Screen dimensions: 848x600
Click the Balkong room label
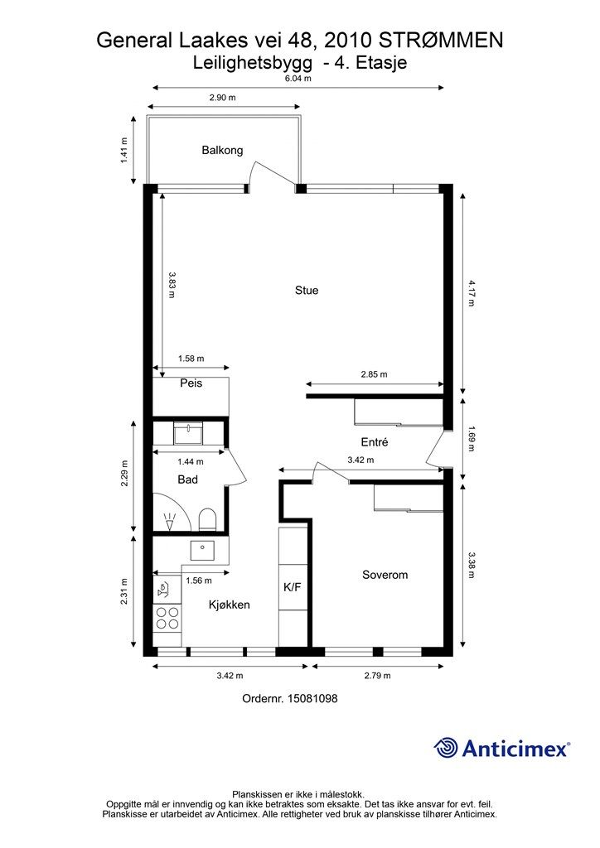(222, 150)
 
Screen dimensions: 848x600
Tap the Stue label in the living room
(307, 291)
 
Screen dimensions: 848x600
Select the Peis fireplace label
(191, 383)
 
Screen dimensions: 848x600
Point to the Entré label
(375, 443)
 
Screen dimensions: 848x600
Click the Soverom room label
(385, 575)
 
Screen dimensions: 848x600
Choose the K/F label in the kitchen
(293, 587)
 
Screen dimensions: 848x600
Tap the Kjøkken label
(229, 605)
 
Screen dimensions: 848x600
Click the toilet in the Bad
(207, 519)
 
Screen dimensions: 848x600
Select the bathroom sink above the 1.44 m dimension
(190, 432)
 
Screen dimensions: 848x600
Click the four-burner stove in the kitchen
(168, 619)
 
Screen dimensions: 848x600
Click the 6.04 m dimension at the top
(298, 79)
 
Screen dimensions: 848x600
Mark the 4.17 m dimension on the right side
(471, 293)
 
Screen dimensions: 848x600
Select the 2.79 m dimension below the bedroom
(377, 676)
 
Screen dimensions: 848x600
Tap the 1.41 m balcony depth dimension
(125, 150)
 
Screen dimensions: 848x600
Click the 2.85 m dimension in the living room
(374, 374)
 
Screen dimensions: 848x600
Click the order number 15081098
(289, 699)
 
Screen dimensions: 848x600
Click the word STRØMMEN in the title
(446, 40)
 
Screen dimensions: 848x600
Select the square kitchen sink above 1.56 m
(202, 549)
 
